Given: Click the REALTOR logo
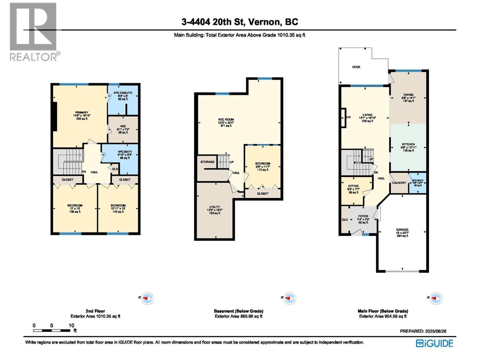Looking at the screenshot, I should [x=33, y=31].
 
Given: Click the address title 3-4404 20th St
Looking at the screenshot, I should [x=240, y=22].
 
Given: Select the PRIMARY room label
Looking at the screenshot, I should [x=82, y=112].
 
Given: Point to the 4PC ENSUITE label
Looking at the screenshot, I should [x=123, y=93].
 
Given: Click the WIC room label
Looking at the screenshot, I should [x=123, y=126].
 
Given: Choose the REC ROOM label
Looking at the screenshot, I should [x=226, y=119].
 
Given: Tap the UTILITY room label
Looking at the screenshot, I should [x=214, y=207].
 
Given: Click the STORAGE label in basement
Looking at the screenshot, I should [x=207, y=162].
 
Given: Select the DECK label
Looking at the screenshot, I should [x=356, y=67].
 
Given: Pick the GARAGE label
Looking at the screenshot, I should [x=402, y=229].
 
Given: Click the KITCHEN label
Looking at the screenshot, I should [x=408, y=144].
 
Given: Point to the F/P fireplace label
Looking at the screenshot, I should [x=348, y=117].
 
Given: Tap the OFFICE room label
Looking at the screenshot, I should [x=353, y=186].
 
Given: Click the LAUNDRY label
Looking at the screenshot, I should [x=399, y=183].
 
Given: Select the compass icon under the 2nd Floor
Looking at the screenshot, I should [x=147, y=298].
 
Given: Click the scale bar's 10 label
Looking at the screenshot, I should [x=71, y=325].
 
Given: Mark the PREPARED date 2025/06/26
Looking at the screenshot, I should [x=423, y=331].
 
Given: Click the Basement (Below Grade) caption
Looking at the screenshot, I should [x=238, y=311].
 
